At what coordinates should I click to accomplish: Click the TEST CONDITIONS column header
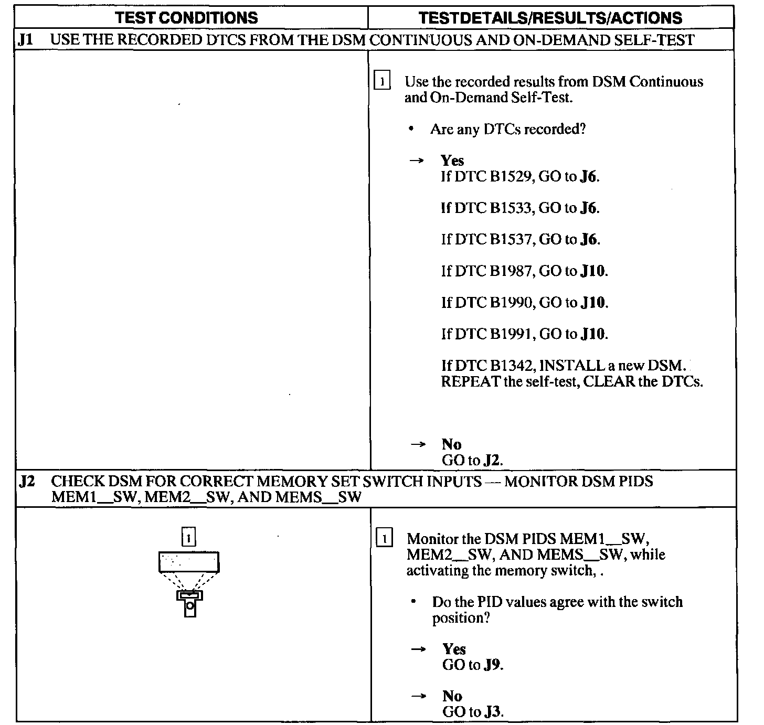click(x=186, y=18)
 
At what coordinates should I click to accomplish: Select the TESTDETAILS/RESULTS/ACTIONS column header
click(x=550, y=18)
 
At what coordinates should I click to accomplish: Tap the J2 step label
click(x=27, y=481)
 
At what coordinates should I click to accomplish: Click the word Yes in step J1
click(x=452, y=161)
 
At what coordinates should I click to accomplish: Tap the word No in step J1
click(x=451, y=444)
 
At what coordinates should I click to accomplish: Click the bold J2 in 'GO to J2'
click(x=493, y=461)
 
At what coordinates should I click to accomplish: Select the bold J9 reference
click(x=493, y=665)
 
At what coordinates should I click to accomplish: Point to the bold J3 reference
click(x=494, y=712)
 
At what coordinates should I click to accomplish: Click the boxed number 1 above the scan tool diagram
click(x=188, y=538)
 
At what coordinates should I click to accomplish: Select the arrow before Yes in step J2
click(x=418, y=649)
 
